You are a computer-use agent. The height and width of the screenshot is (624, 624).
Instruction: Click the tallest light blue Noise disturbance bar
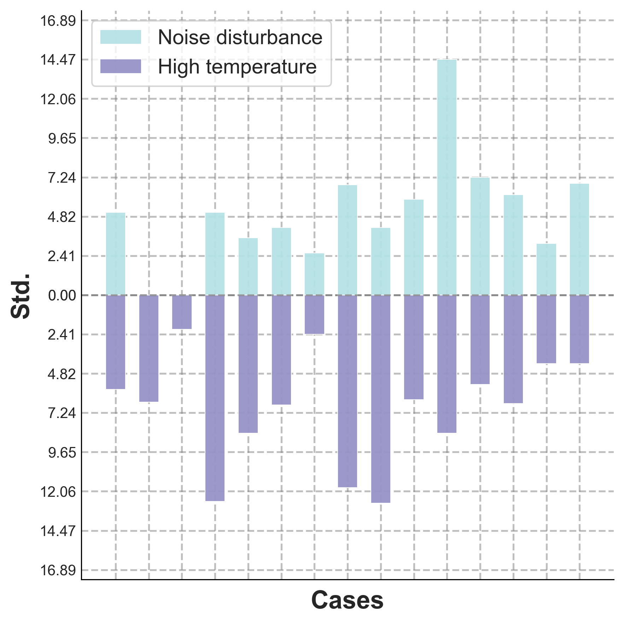pos(447,177)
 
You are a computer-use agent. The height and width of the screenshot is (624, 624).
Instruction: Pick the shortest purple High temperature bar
pos(182,312)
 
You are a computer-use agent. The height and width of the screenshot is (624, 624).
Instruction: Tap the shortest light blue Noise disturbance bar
pos(314,274)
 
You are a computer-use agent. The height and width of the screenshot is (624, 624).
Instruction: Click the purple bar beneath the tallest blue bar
pos(447,364)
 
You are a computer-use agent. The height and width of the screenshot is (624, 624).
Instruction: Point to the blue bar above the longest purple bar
pos(381,261)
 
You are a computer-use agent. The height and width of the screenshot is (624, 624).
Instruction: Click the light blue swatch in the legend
pos(121,37)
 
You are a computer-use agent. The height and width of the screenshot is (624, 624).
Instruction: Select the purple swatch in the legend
pos(121,66)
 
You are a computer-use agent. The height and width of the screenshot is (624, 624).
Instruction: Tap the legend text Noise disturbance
pos(240,37)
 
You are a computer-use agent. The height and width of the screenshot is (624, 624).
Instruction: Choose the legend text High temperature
pos(237,66)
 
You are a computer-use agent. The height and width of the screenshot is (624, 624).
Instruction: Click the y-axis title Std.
pos(21,296)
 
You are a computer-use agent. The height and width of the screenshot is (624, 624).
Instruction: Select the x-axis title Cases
pos(347,600)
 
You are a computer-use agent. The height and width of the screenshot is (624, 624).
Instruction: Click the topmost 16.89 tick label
pos(58,21)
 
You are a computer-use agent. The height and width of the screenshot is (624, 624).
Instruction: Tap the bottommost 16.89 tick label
pos(58,570)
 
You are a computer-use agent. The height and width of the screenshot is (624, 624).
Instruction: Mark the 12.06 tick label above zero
pos(58,99)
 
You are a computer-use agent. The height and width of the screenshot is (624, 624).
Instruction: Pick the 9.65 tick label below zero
pos(62,452)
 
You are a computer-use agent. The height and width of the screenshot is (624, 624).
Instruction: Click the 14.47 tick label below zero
pos(58,531)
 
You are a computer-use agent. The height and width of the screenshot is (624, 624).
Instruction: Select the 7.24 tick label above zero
pos(62,178)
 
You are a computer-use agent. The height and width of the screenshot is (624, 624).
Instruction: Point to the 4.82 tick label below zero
pos(62,374)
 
